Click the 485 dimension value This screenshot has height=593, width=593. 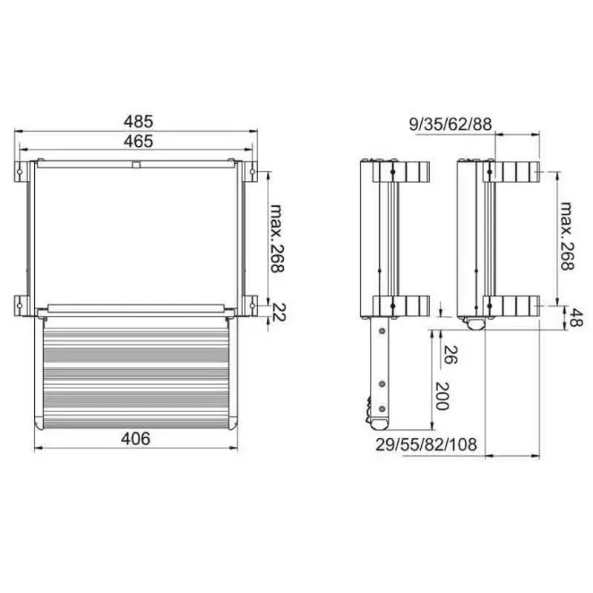click(x=138, y=120)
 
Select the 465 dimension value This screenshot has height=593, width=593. click(x=138, y=140)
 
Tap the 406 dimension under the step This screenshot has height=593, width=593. click(x=136, y=438)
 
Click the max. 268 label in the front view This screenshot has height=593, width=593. click(x=276, y=238)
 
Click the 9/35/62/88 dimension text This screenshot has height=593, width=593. click(x=451, y=124)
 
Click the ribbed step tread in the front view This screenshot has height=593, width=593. click(x=136, y=371)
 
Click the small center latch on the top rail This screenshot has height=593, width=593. click(x=135, y=165)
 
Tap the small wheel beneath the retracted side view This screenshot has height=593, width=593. click(x=474, y=323)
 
